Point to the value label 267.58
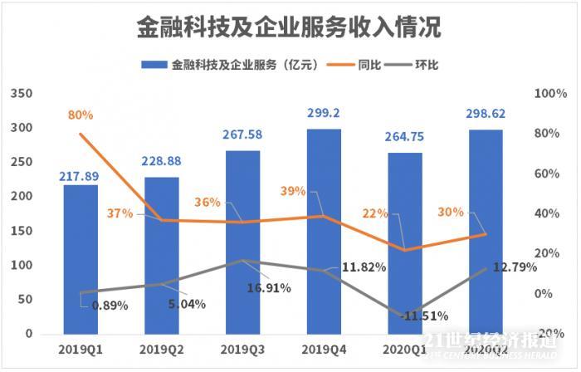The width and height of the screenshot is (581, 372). [242, 135]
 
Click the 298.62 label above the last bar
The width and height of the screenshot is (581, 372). [486, 114]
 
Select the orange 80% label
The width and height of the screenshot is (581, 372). [81, 115]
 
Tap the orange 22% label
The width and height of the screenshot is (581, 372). [375, 213]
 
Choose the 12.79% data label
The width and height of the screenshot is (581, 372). [514, 267]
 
